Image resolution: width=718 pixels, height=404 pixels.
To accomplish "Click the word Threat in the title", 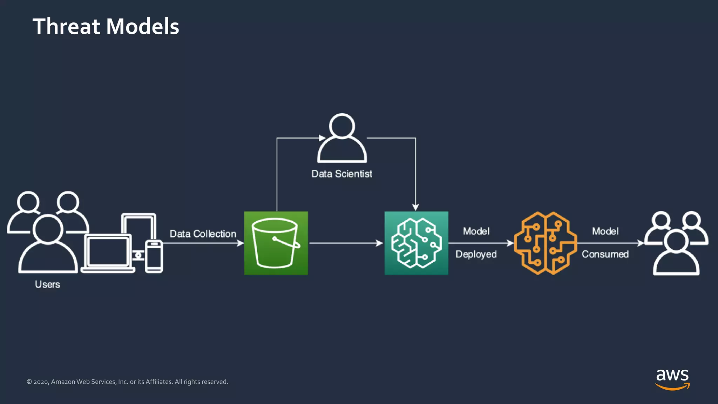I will point(67,27).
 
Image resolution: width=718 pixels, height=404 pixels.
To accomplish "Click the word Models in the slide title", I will point(142,27).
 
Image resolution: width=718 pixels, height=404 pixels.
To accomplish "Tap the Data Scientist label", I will point(341,174).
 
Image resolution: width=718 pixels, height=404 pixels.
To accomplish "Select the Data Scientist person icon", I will point(342,139).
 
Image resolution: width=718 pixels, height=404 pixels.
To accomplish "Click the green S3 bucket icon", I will point(276,243).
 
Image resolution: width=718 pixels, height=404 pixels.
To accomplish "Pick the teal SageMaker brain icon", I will point(416,243).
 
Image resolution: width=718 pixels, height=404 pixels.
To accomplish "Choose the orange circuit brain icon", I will point(545,243).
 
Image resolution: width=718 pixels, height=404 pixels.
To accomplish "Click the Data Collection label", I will point(203,234).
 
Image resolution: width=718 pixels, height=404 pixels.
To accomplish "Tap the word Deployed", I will point(476,254).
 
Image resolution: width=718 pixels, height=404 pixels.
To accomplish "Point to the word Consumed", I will point(605,254).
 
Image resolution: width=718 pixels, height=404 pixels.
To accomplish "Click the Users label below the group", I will point(47,284).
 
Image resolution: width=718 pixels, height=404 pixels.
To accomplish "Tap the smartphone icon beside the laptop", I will point(154,256).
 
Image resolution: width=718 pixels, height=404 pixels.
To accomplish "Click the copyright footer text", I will point(127,382).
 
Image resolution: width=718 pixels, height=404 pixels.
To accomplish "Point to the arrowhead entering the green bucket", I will point(241,243).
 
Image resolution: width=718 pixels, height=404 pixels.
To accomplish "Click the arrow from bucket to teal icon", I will point(345,243).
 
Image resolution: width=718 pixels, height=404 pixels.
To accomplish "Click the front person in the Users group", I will point(48,245).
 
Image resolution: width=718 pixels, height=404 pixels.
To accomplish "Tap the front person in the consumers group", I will point(676,254).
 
